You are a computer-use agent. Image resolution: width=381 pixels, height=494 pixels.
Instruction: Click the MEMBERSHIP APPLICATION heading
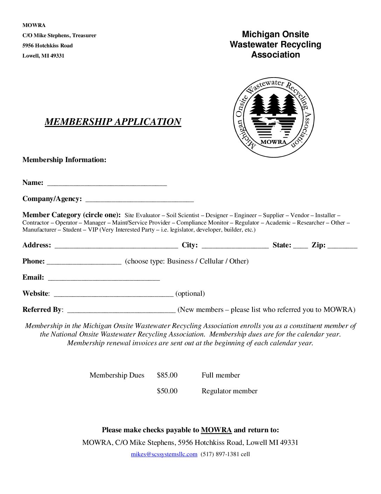(x=113, y=122)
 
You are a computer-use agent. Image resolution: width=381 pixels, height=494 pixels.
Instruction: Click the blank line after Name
(x=107, y=183)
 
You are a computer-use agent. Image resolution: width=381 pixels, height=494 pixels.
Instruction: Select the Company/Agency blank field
(x=139, y=200)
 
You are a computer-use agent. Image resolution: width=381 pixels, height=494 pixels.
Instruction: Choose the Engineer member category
(x=245, y=215)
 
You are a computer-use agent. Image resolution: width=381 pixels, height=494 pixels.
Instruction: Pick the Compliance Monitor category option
(x=202, y=223)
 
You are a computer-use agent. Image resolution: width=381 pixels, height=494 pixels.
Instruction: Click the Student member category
(x=72, y=230)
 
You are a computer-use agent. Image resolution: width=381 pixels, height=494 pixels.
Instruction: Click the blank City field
(x=235, y=246)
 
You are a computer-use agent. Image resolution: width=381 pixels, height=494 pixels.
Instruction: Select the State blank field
(x=300, y=246)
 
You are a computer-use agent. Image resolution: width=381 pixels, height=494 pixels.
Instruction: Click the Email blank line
(x=104, y=278)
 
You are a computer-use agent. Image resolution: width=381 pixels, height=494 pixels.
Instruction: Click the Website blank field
(x=113, y=294)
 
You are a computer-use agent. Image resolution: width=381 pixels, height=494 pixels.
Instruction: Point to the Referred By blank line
(x=121, y=311)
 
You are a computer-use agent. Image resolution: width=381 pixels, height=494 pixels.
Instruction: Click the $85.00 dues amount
(x=167, y=375)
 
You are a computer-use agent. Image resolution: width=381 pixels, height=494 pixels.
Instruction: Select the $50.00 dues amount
(x=167, y=391)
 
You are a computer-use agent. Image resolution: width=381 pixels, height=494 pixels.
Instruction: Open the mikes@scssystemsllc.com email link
(x=164, y=454)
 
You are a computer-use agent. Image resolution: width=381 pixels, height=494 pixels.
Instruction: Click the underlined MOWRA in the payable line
(x=216, y=430)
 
